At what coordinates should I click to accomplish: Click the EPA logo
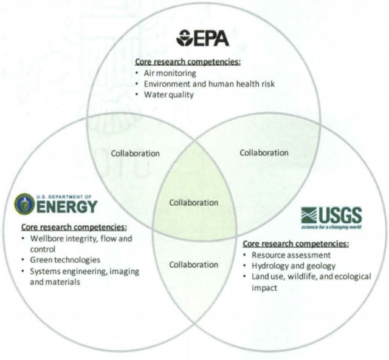pos(202,38)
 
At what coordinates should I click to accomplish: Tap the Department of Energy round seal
pos(24,204)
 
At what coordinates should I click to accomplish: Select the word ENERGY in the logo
pos(67,206)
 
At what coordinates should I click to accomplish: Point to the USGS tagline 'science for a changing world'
pos(331,227)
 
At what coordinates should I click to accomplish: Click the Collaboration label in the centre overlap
pos(194,203)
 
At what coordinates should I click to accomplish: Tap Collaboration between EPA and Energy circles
pos(135,154)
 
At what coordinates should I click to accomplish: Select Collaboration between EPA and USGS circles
pos(264,152)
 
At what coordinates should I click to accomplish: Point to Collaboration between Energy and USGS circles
pos(194,265)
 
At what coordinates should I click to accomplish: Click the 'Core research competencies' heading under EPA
pos(188,62)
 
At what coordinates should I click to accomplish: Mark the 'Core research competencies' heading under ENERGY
pos(74,227)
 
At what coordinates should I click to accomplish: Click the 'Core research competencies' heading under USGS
pos(296,244)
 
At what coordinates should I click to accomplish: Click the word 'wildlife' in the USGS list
pos(302,276)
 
